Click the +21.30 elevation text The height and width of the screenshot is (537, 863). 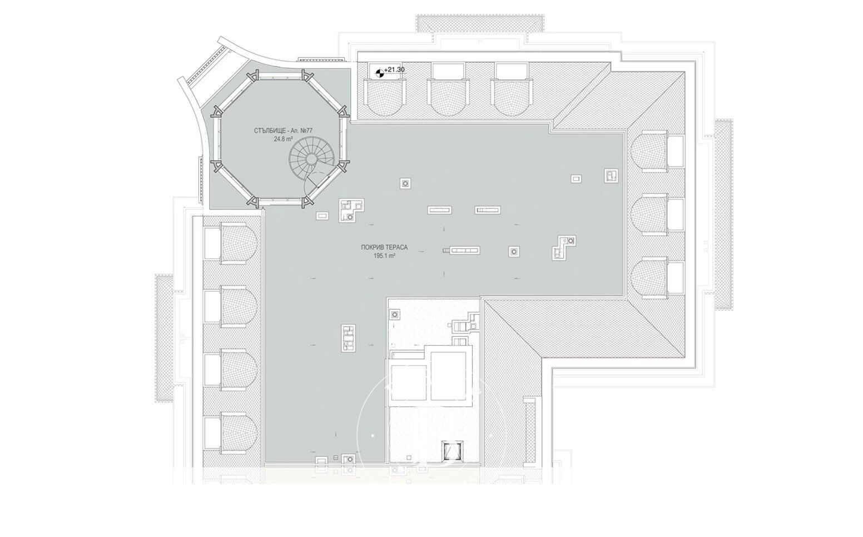click(x=394, y=69)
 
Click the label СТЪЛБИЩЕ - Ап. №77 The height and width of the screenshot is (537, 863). click(x=283, y=131)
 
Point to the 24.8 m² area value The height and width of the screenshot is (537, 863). click(x=283, y=140)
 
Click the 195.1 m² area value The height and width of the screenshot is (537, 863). click(x=384, y=256)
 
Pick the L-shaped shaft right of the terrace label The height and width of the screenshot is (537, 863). click(x=563, y=247)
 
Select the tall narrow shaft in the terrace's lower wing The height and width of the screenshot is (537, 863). click(x=348, y=338)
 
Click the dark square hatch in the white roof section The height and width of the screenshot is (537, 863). click(x=450, y=450)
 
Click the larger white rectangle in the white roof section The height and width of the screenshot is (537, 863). click(x=452, y=374)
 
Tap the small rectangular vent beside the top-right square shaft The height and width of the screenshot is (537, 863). click(x=577, y=179)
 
